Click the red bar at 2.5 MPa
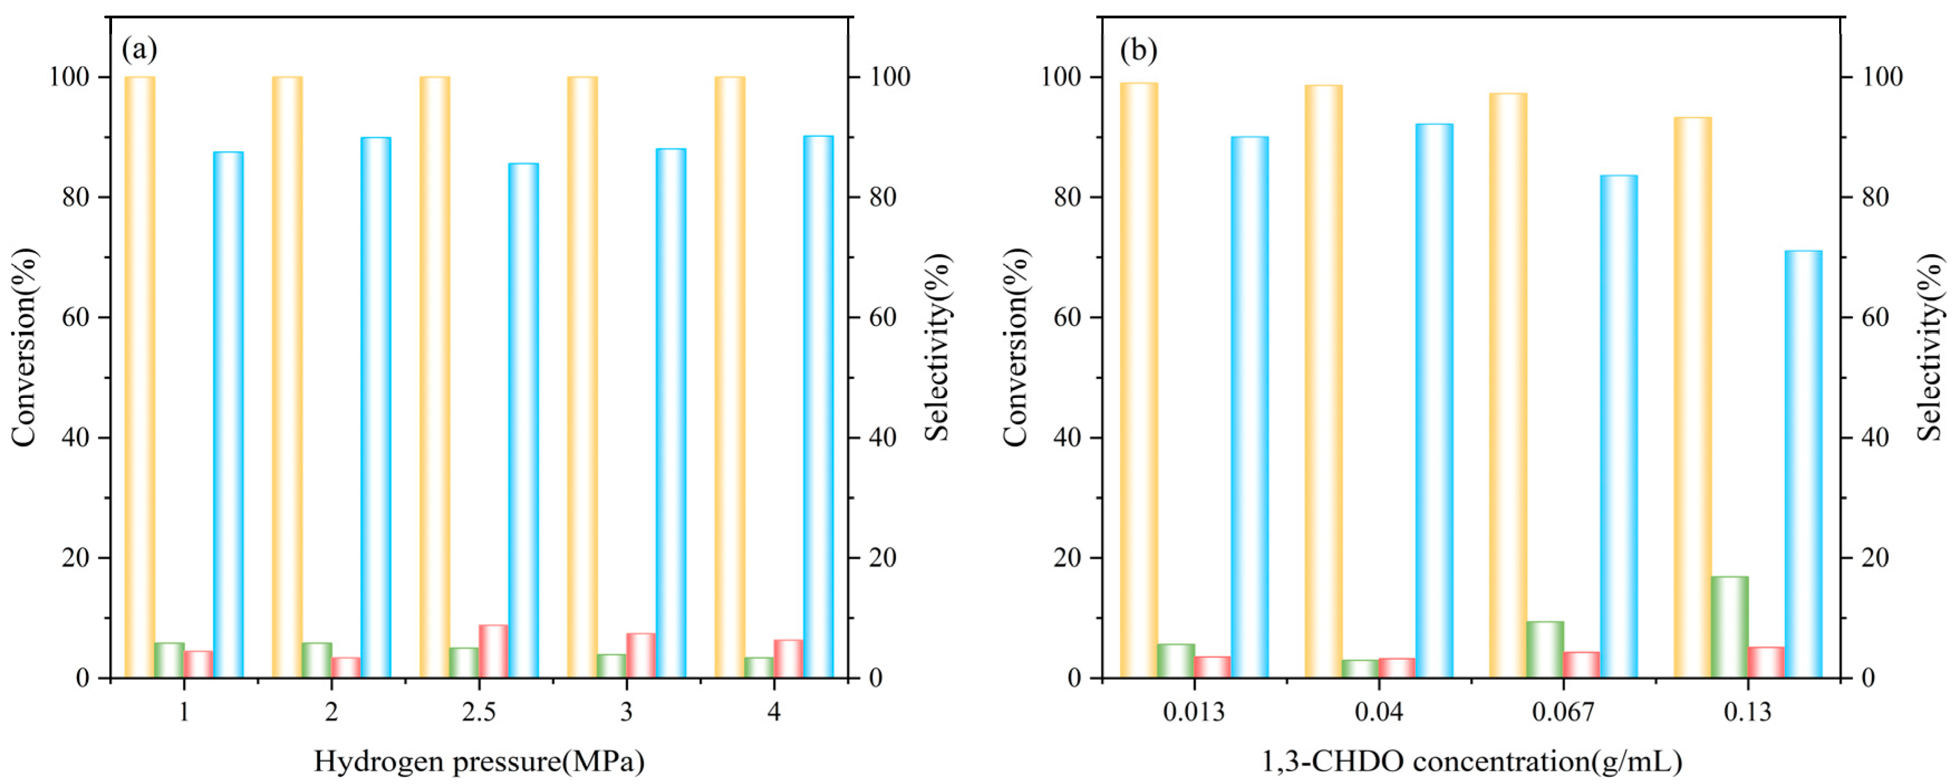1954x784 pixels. pyautogui.click(x=493, y=651)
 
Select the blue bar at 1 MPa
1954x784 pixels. pyautogui.click(x=228, y=414)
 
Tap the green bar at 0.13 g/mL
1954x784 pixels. pyautogui.click(x=1729, y=627)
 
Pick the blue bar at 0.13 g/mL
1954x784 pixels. pyautogui.click(x=1803, y=464)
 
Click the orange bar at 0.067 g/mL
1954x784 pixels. pyautogui.click(x=1508, y=385)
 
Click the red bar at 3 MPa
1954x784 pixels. pyautogui.click(x=641, y=655)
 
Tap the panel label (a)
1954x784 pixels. pyautogui.click(x=139, y=50)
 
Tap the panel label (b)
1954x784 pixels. pyautogui.click(x=1139, y=50)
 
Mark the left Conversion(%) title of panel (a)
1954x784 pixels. pyautogui.click(x=25, y=347)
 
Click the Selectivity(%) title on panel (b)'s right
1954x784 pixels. pyautogui.click(x=1931, y=347)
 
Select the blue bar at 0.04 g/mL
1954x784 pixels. pyautogui.click(x=1434, y=400)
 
